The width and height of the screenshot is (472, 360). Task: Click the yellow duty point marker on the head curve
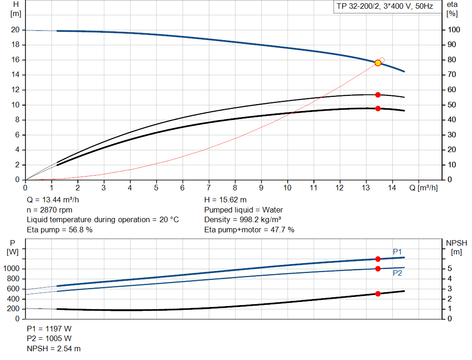click(378, 63)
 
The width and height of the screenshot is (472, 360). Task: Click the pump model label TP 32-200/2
click(383, 7)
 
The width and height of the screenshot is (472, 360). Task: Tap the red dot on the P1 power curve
click(378, 259)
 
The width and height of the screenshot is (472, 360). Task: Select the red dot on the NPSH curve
click(378, 294)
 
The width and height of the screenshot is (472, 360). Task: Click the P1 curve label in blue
click(397, 252)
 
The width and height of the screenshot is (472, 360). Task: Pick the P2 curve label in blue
click(397, 273)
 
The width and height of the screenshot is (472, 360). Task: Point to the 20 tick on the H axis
click(15, 30)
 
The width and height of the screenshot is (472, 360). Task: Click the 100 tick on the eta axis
click(454, 30)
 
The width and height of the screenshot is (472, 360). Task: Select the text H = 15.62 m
click(225, 200)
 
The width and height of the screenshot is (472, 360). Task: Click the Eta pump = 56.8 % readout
click(59, 230)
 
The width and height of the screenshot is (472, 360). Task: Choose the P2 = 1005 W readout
click(49, 339)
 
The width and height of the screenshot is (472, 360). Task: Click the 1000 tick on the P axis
click(12, 269)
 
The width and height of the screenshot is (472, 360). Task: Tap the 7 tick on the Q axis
click(209, 188)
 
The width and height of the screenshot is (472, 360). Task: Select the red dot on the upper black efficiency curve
click(378, 94)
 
